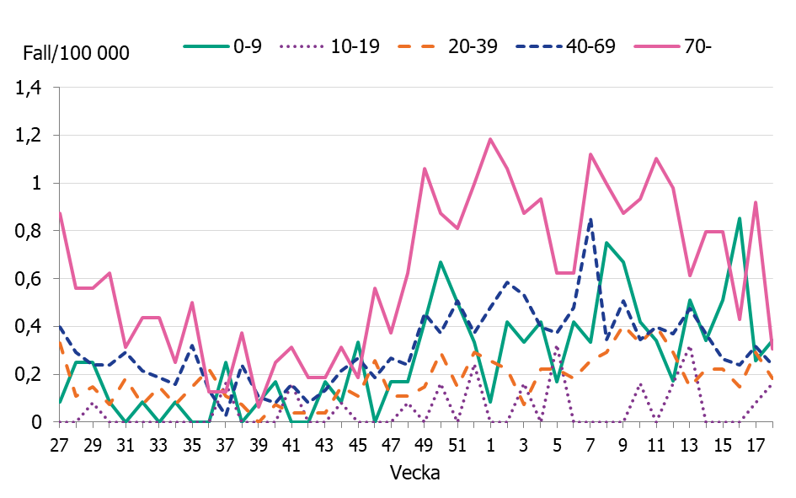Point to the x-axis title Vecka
[x=415, y=473]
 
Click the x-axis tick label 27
[x=59, y=443]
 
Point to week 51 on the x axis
[x=457, y=443]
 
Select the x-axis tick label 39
[x=258, y=443]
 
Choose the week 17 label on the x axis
[x=756, y=443]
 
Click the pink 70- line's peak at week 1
[x=489, y=139]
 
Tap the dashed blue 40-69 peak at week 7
[x=590, y=218]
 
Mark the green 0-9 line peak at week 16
[x=739, y=218]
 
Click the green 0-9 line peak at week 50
[x=440, y=262]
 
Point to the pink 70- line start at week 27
[x=60, y=212]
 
